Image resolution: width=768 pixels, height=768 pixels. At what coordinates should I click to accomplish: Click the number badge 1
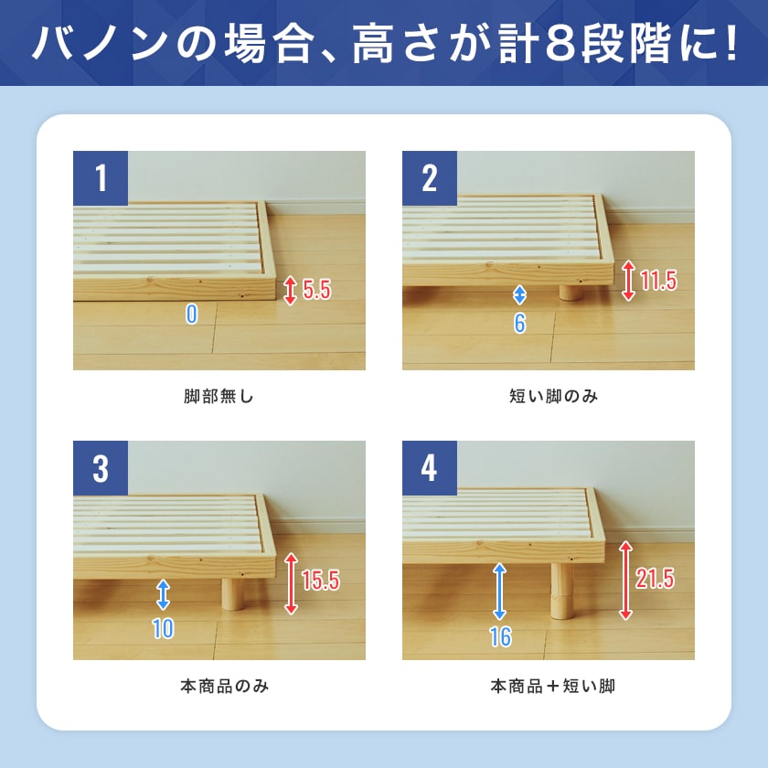pyautogui.click(x=101, y=178)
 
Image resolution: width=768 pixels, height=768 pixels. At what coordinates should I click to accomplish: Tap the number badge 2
pyautogui.click(x=430, y=178)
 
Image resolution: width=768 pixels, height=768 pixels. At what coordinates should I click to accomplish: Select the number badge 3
pyautogui.click(x=101, y=468)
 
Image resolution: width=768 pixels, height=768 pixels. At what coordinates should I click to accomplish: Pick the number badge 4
pyautogui.click(x=430, y=468)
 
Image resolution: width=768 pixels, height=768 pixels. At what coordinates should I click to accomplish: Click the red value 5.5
pyautogui.click(x=316, y=291)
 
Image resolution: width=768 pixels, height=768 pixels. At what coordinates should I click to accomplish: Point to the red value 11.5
pyautogui.click(x=658, y=281)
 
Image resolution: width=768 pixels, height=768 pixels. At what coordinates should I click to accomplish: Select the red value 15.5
pyautogui.click(x=320, y=581)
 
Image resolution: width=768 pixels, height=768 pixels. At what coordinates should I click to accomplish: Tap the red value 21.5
pyautogui.click(x=655, y=579)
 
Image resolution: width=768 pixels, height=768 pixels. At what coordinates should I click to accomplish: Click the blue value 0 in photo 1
pyautogui.click(x=191, y=315)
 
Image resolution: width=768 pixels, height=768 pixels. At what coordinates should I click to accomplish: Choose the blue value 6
pyautogui.click(x=519, y=323)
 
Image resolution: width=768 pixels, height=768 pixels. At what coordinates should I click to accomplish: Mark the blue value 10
pyautogui.click(x=163, y=629)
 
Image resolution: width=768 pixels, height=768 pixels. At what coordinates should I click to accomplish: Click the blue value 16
pyautogui.click(x=500, y=637)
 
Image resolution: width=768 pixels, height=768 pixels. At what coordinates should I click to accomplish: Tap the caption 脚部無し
pyautogui.click(x=219, y=397)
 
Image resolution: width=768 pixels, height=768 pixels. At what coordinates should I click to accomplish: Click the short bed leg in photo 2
pyautogui.click(x=571, y=293)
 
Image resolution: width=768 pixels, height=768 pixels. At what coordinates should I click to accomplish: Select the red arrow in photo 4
pyautogui.click(x=625, y=581)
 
